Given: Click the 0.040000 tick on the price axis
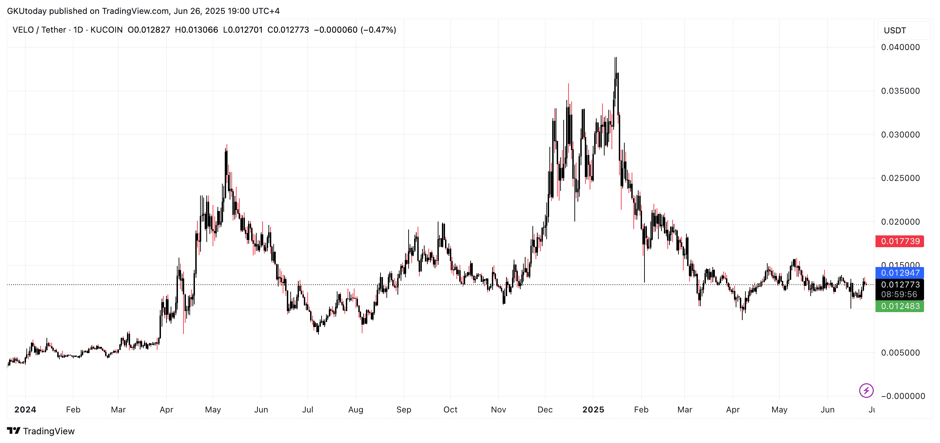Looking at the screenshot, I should click(900, 47).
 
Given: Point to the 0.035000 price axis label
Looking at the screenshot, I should click(900, 91).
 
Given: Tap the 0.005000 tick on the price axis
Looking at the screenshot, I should click(900, 352).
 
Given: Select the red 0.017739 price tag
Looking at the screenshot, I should click(899, 241).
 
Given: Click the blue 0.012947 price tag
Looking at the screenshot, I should click(899, 273).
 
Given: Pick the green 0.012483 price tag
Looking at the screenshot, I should click(899, 306).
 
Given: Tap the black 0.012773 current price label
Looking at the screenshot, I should click(899, 284).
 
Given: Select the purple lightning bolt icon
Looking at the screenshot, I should click(866, 391).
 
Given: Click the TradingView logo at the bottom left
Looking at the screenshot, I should click(41, 431).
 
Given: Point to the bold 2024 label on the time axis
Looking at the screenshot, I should click(25, 409).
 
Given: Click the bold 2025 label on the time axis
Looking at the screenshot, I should click(593, 409).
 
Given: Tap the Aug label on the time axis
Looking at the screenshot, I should click(356, 409).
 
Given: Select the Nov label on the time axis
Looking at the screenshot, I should click(498, 409).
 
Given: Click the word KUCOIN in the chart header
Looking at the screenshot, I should click(106, 30).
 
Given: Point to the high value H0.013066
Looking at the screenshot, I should click(196, 30).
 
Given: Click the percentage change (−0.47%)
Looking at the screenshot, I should click(378, 30).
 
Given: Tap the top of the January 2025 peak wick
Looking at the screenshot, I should click(616, 58).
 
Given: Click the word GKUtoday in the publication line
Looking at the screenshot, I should click(27, 11).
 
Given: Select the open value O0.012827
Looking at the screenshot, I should click(148, 30).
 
